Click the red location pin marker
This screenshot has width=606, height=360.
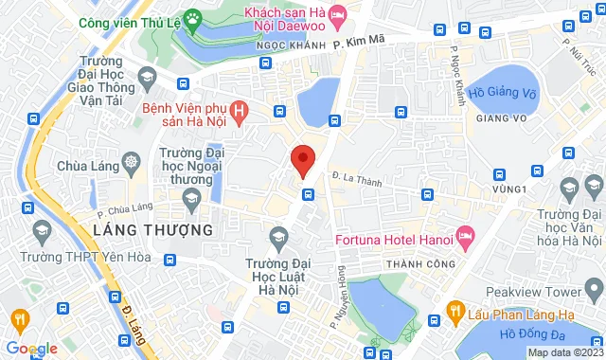click(x=302, y=160)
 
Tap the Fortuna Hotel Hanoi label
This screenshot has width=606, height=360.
click(x=393, y=235)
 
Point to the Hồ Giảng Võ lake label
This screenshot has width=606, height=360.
click(x=501, y=93)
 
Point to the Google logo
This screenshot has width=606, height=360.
click(x=31, y=348)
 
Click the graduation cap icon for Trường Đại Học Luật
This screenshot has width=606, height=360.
click(x=278, y=234)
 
